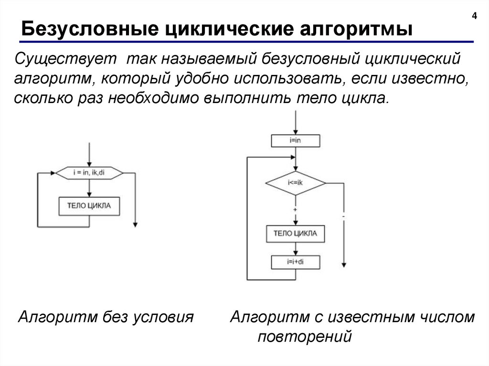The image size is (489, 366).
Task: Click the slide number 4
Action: tap(474, 16)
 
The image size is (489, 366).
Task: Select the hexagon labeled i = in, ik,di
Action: tap(89, 172)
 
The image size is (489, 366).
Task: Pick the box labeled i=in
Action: tap(295, 141)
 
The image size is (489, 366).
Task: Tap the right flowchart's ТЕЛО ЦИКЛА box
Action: tap(295, 234)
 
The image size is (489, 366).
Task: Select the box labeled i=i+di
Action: tap(295, 262)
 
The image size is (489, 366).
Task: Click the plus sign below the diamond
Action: tap(295, 209)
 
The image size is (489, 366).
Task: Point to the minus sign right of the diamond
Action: tap(343, 217)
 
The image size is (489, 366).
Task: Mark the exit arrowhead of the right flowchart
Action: tap(343, 265)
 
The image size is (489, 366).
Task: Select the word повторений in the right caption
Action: tap(305, 337)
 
